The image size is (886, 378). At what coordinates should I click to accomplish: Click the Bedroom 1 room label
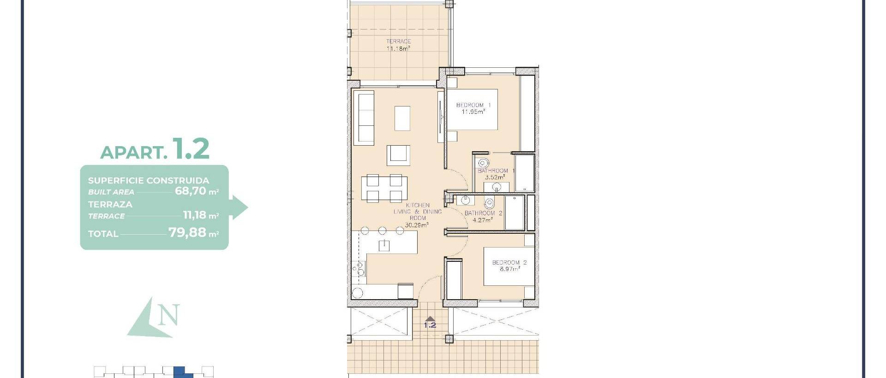[x=473, y=105]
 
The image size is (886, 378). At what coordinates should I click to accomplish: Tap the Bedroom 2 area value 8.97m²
[x=509, y=269]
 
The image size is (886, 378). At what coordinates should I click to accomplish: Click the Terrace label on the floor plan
[x=398, y=41]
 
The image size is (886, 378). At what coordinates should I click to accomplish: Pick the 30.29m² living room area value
[x=417, y=225]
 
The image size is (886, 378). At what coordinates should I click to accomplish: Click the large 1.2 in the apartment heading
[x=191, y=149]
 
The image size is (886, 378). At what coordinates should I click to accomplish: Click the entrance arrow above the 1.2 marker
[x=430, y=319]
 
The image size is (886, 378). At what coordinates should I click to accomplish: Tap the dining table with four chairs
[x=384, y=188]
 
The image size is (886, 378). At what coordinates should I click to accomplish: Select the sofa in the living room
[x=366, y=117]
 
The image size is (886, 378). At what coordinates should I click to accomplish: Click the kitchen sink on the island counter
[x=384, y=245]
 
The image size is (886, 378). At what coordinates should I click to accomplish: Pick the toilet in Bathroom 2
[x=489, y=202]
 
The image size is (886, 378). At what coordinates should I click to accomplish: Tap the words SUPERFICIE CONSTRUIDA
[x=149, y=180]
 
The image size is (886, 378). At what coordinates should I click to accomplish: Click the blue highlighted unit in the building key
[x=181, y=372]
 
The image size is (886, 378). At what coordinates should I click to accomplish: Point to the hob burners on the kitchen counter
[x=358, y=269]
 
